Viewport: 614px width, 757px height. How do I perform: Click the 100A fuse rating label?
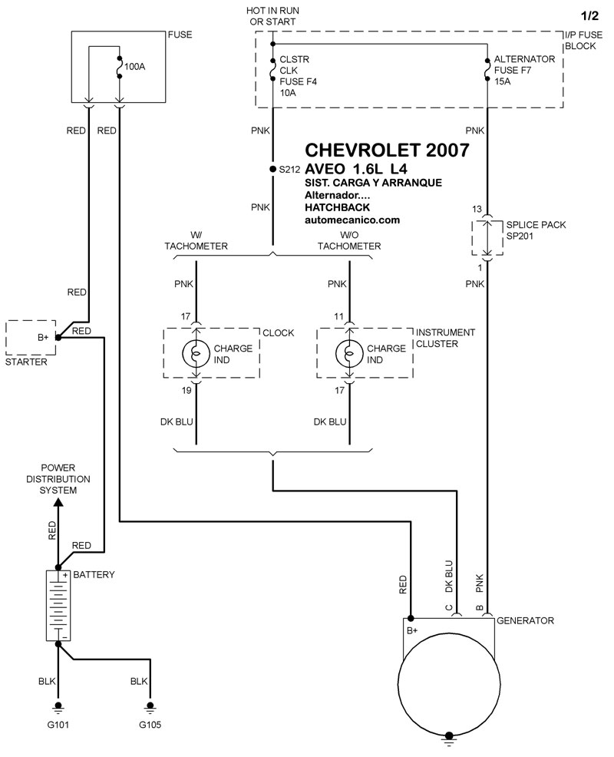pyautogui.click(x=134, y=67)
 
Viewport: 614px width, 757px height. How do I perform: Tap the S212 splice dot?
pyautogui.click(x=272, y=169)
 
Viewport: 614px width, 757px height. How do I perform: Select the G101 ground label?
pyautogui.click(x=58, y=724)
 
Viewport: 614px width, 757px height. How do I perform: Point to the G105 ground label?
pyautogui.click(x=150, y=724)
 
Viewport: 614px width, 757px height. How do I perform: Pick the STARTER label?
pyautogui.click(x=25, y=361)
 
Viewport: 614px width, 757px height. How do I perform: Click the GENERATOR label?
pyautogui.click(x=525, y=620)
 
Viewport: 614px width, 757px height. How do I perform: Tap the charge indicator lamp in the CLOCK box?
pyautogui.click(x=196, y=353)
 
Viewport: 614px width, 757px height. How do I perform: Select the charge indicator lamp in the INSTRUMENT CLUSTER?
pyautogui.click(x=349, y=353)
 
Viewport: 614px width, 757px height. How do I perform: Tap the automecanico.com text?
pyautogui.click(x=352, y=220)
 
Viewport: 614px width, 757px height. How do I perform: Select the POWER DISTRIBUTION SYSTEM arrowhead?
pyautogui.click(x=58, y=503)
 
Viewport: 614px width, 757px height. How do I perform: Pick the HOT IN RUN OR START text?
pyautogui.click(x=272, y=15)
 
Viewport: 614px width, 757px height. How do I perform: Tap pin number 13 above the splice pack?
pyautogui.click(x=477, y=210)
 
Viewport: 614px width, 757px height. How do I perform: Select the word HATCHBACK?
pyautogui.click(x=337, y=207)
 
